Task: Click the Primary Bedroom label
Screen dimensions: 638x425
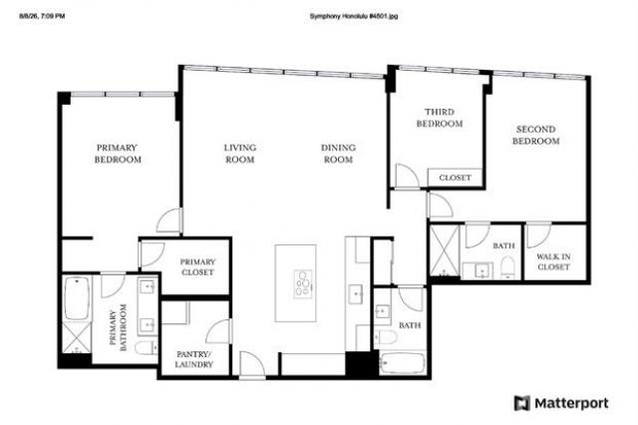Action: point(118,154)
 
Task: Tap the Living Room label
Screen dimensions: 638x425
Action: point(240,154)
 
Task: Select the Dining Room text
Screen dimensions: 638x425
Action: point(338,154)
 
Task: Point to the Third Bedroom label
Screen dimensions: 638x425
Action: point(440,118)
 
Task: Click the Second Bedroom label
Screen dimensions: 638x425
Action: point(536,135)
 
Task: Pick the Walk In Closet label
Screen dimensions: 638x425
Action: point(553,261)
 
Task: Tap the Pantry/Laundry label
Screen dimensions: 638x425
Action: point(194,359)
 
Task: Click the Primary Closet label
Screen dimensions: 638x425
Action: point(197,267)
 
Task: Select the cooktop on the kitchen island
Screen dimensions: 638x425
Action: point(303,283)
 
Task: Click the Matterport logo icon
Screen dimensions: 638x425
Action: point(522,403)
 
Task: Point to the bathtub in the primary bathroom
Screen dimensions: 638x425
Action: point(76,298)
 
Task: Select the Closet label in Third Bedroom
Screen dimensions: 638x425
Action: point(455,178)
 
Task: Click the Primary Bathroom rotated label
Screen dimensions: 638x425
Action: point(118,327)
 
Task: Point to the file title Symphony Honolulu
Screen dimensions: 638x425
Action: point(354,16)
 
